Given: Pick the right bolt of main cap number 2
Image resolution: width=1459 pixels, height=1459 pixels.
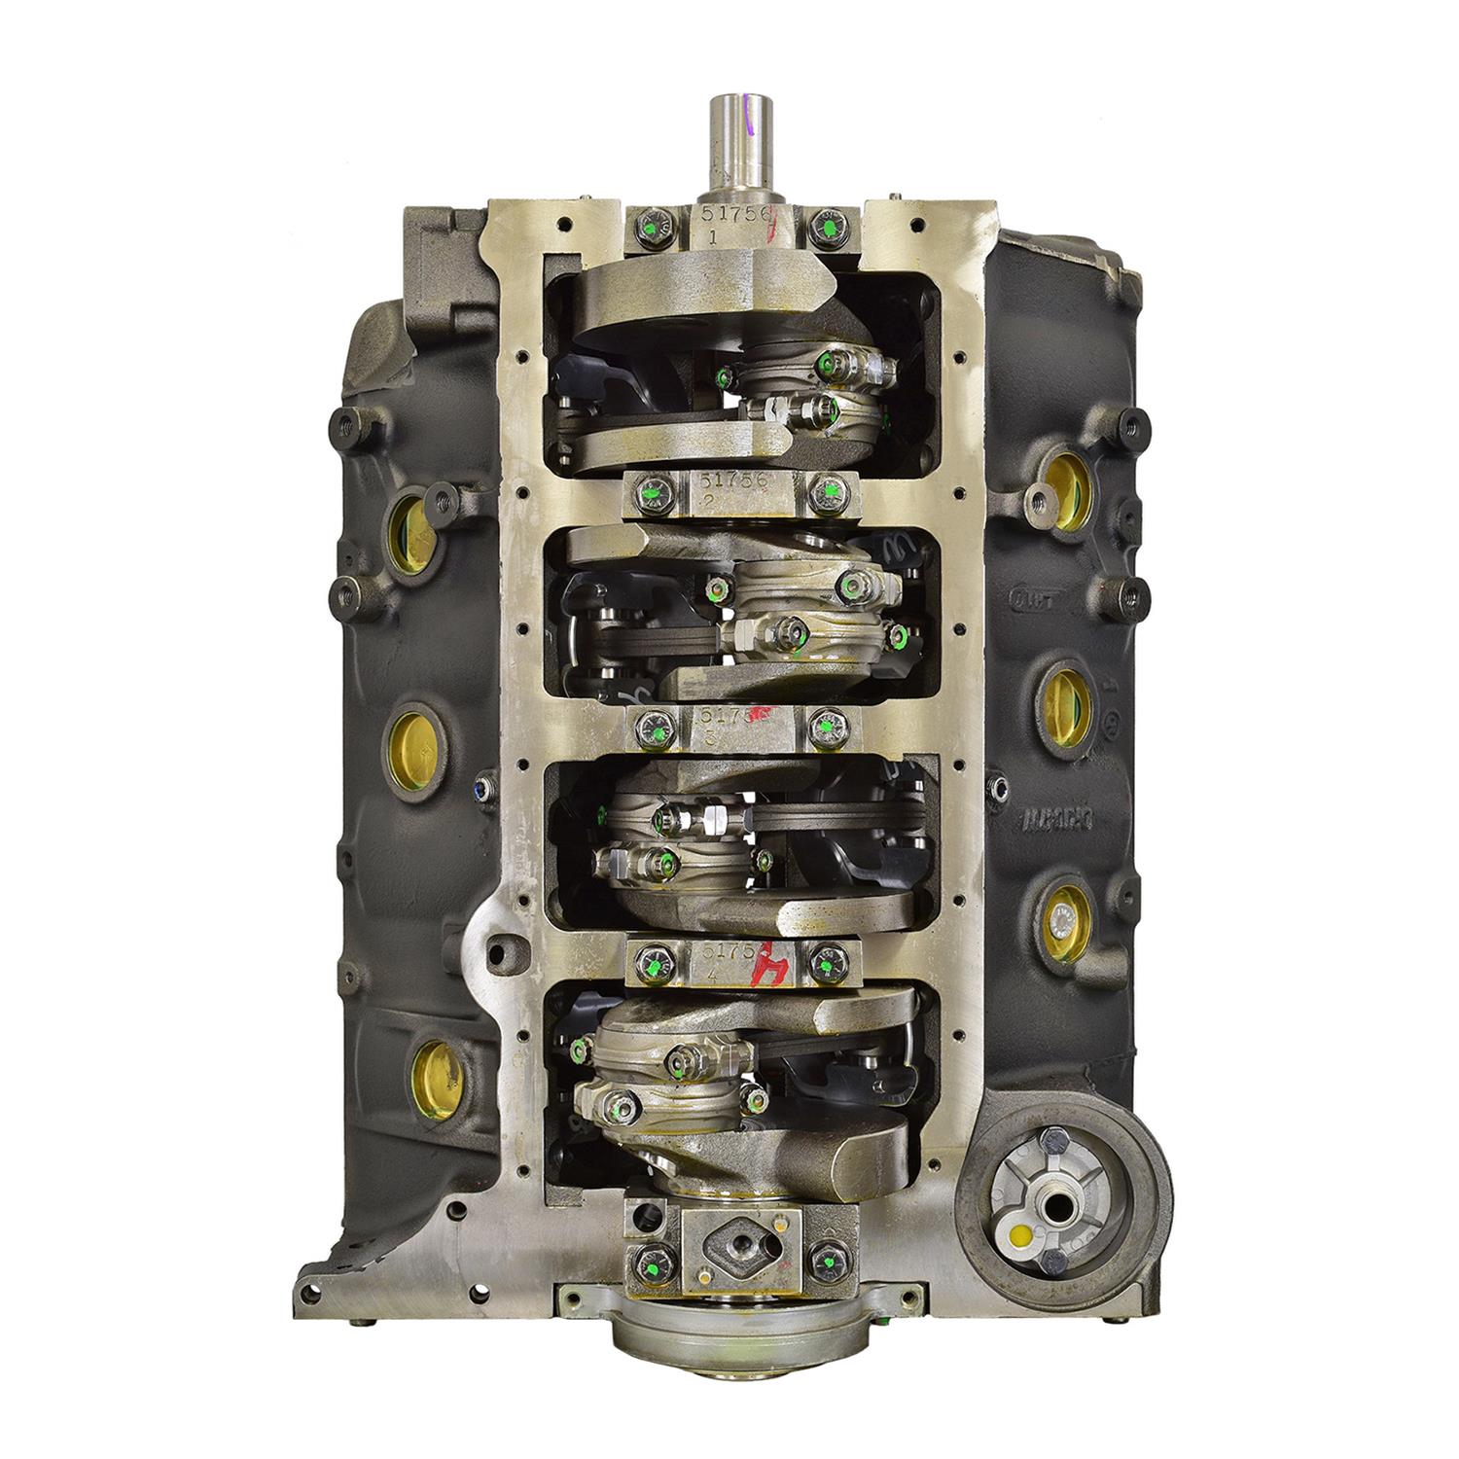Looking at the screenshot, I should coord(829,490).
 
